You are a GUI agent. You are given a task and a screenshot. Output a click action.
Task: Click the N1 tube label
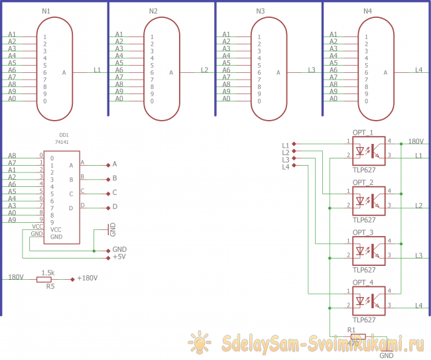click(46, 11)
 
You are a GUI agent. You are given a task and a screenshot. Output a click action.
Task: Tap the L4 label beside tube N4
click(418, 70)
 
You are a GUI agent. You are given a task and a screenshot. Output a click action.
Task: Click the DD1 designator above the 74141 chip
click(64, 135)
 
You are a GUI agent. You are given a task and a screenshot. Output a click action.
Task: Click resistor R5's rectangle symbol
click(48, 278)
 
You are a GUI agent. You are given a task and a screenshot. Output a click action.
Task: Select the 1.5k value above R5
click(48, 272)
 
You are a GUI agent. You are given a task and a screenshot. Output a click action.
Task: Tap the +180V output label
click(88, 278)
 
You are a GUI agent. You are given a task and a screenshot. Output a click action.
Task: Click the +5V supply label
click(119, 257)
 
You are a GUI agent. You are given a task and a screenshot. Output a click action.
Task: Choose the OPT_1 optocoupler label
click(363, 132)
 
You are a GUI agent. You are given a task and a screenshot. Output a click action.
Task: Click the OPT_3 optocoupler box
click(369, 248)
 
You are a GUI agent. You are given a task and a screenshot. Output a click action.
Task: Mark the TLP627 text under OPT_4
click(364, 319)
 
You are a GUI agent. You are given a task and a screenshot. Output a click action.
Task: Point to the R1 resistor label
click(351, 330)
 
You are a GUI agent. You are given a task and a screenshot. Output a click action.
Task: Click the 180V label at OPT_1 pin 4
click(416, 141)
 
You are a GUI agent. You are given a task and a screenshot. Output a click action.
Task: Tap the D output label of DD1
click(115, 208)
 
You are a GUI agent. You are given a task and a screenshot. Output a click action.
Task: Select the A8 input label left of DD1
click(13, 156)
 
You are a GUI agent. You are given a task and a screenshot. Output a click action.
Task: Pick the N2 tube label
click(153, 11)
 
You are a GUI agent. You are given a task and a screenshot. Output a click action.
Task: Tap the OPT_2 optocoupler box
click(369, 198)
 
